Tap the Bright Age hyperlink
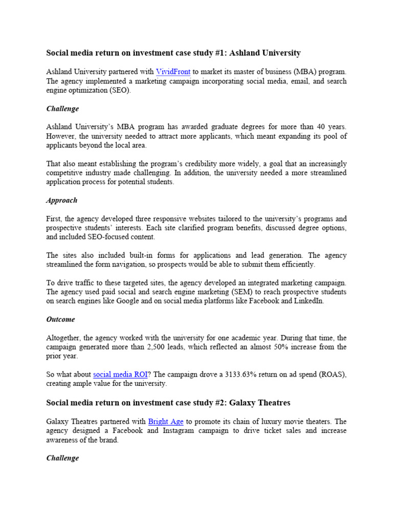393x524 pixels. [x=165, y=422]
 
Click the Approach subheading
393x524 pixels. [x=61, y=201]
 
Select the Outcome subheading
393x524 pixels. [x=60, y=319]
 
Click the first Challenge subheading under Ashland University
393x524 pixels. [x=62, y=109]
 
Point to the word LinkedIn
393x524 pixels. [x=309, y=301]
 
